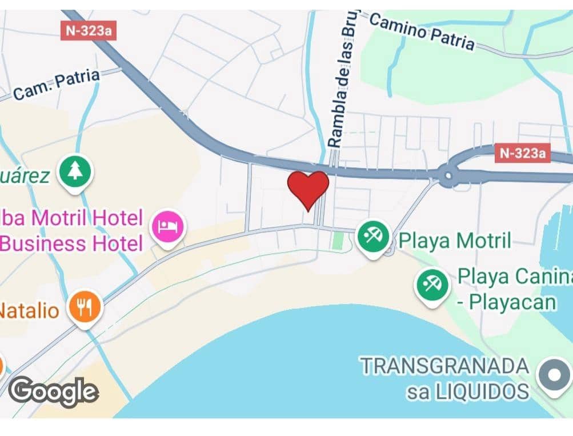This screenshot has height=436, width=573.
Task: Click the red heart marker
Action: click(x=308, y=189)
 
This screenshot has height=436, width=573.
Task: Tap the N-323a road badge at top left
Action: click(x=88, y=31)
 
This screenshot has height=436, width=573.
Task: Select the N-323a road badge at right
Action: click(x=522, y=153)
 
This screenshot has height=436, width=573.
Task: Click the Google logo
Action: click(x=54, y=392)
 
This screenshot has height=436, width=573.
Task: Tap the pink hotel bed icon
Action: click(x=167, y=227)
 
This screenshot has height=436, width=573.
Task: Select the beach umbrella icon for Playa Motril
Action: click(x=373, y=236)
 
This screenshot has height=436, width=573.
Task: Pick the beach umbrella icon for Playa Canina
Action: click(x=432, y=283)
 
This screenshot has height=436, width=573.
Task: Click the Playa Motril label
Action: click(x=455, y=240)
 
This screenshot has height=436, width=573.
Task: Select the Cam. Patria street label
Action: click(x=56, y=85)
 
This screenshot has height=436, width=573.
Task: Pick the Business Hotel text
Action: click(x=71, y=244)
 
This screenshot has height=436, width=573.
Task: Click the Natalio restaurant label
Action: click(x=29, y=311)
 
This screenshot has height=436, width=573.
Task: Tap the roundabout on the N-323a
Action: click(x=448, y=174)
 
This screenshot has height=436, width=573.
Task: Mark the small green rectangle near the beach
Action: click(x=338, y=240)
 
